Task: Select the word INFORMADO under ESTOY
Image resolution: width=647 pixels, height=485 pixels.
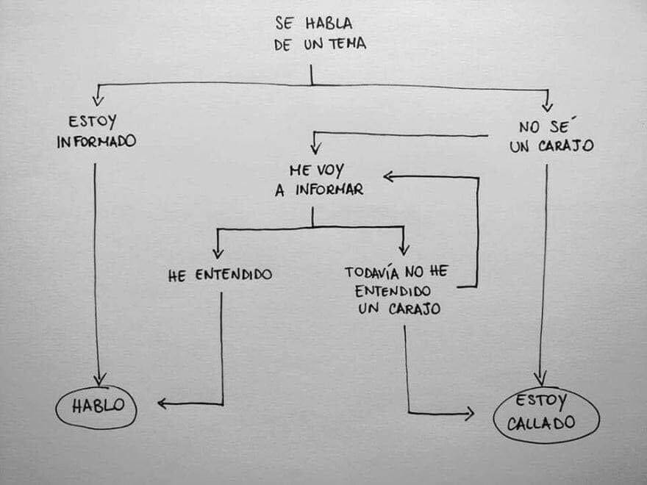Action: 96,141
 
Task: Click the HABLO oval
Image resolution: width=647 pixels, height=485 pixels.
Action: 96,406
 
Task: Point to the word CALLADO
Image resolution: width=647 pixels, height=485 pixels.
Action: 546,425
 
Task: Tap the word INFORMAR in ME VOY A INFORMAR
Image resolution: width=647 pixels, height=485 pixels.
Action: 329,190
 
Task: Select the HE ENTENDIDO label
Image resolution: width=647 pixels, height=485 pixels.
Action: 220,276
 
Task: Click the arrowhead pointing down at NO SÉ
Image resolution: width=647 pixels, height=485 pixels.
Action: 547,106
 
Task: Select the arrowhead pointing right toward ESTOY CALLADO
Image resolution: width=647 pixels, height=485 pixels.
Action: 468,414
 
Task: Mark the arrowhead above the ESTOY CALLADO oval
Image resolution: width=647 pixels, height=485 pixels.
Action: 540,379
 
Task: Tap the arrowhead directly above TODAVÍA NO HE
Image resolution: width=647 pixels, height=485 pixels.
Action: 404,249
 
